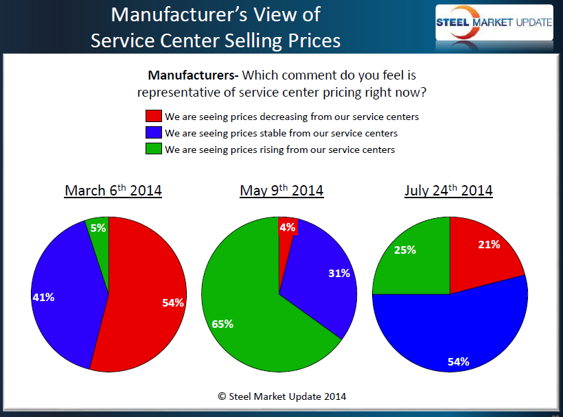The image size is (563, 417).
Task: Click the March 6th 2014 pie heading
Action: click(x=113, y=190)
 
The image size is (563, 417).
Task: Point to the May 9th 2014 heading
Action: click(x=281, y=190)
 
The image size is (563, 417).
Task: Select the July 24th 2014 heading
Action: click(x=448, y=190)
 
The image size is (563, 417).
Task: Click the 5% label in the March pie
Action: click(x=98, y=228)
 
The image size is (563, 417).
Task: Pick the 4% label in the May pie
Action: click(x=287, y=227)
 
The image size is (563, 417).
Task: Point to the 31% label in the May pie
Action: click(x=339, y=273)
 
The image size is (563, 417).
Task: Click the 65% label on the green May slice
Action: click(x=222, y=324)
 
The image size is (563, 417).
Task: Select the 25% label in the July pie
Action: click(x=405, y=250)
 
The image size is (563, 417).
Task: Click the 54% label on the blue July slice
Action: click(x=457, y=361)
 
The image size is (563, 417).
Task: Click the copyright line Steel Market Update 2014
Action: click(x=282, y=396)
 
